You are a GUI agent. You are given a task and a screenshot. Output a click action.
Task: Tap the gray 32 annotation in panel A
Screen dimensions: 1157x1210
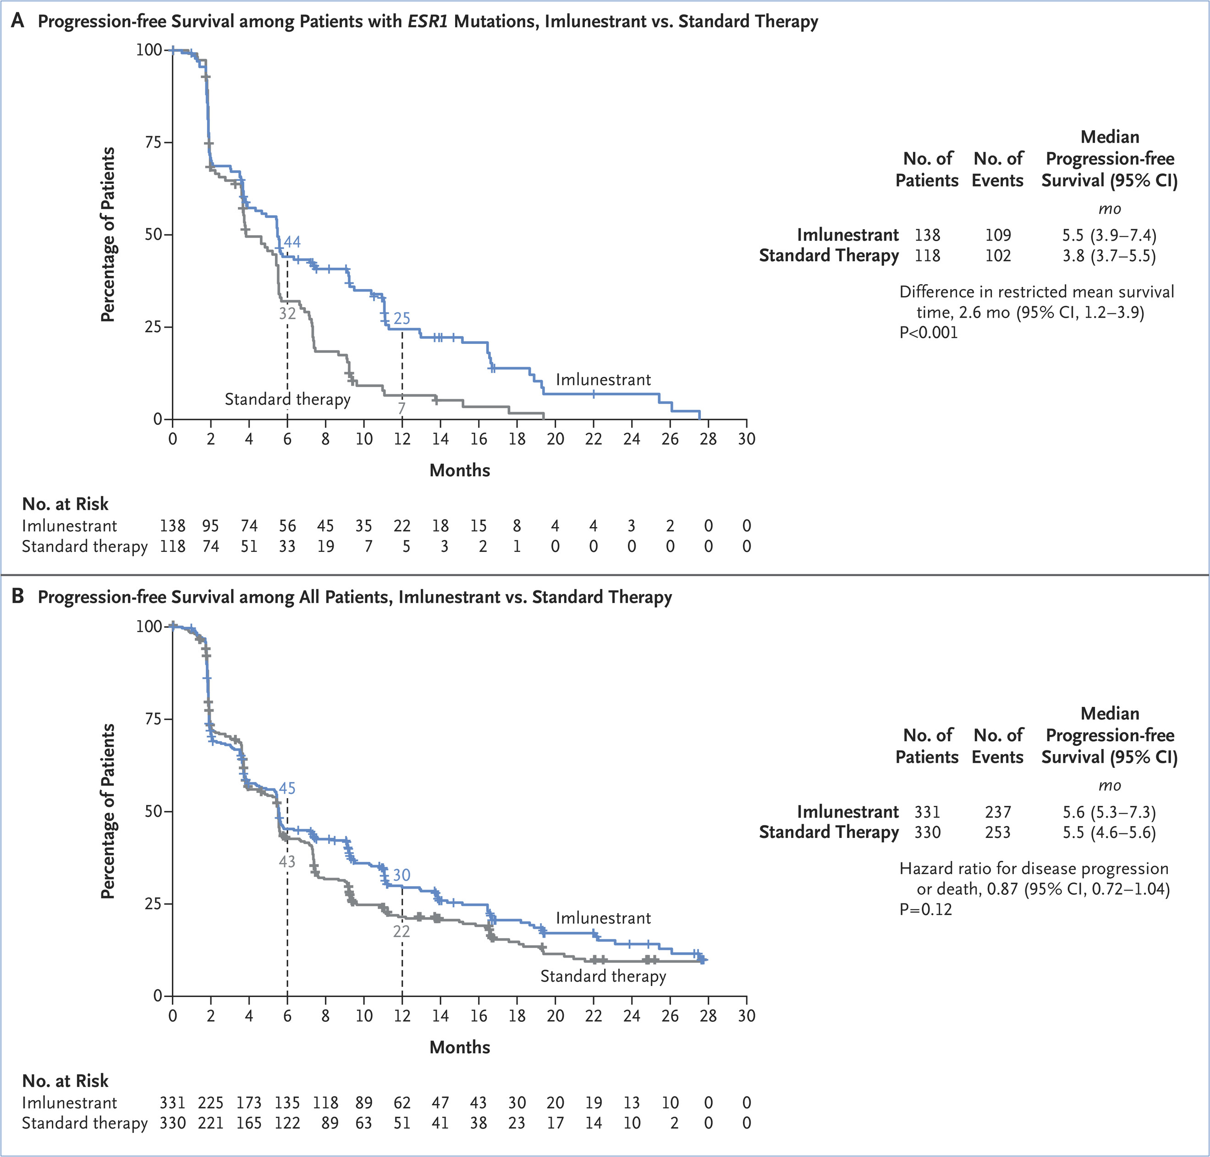click(x=287, y=313)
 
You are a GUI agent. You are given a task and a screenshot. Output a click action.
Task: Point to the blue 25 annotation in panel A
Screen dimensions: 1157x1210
click(x=401, y=318)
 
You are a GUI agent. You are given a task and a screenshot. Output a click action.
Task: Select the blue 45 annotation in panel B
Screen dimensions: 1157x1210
click(x=287, y=788)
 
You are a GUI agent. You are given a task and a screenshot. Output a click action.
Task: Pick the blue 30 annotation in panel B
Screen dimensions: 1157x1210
click(x=401, y=875)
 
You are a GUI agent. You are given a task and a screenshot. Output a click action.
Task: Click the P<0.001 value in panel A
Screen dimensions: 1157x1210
click(x=929, y=333)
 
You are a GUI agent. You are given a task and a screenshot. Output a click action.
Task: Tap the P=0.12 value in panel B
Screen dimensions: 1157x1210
click(x=926, y=909)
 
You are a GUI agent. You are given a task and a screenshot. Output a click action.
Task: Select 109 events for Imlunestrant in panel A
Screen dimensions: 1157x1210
click(x=998, y=235)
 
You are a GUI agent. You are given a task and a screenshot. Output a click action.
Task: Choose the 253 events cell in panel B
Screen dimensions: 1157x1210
click(x=998, y=832)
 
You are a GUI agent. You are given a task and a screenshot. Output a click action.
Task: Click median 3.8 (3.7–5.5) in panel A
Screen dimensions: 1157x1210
click(x=1109, y=255)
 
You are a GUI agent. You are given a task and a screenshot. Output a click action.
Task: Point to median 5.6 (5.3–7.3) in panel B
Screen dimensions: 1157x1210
click(x=1109, y=812)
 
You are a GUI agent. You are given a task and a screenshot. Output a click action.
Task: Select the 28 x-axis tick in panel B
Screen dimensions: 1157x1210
click(x=708, y=1015)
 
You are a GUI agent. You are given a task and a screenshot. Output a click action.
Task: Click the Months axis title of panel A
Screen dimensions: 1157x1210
click(x=459, y=471)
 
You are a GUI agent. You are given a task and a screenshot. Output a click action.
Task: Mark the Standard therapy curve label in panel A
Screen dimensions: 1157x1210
click(x=287, y=399)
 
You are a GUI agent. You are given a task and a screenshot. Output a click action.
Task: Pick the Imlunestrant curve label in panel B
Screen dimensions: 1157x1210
click(x=603, y=918)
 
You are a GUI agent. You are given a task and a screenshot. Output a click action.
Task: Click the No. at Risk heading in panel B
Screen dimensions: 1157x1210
click(x=66, y=1080)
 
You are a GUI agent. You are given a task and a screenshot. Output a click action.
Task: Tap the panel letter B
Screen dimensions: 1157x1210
click(x=18, y=596)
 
